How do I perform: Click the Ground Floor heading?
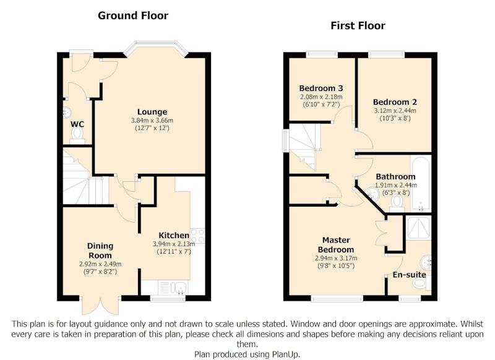133,15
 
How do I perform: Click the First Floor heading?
358,25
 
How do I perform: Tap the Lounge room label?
152,112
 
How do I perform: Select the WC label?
77,124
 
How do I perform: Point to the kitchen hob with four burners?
197,236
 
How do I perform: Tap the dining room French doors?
101,305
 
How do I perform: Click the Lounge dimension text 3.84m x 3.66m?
152,121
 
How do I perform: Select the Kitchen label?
174,236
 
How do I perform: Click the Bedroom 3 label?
321,88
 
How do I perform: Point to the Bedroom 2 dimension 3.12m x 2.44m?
395,111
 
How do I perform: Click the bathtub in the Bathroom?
421,183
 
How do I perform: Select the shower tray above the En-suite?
419,228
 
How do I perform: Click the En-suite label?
410,275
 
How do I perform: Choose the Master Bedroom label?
336,245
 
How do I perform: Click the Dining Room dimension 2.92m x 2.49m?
100,264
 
